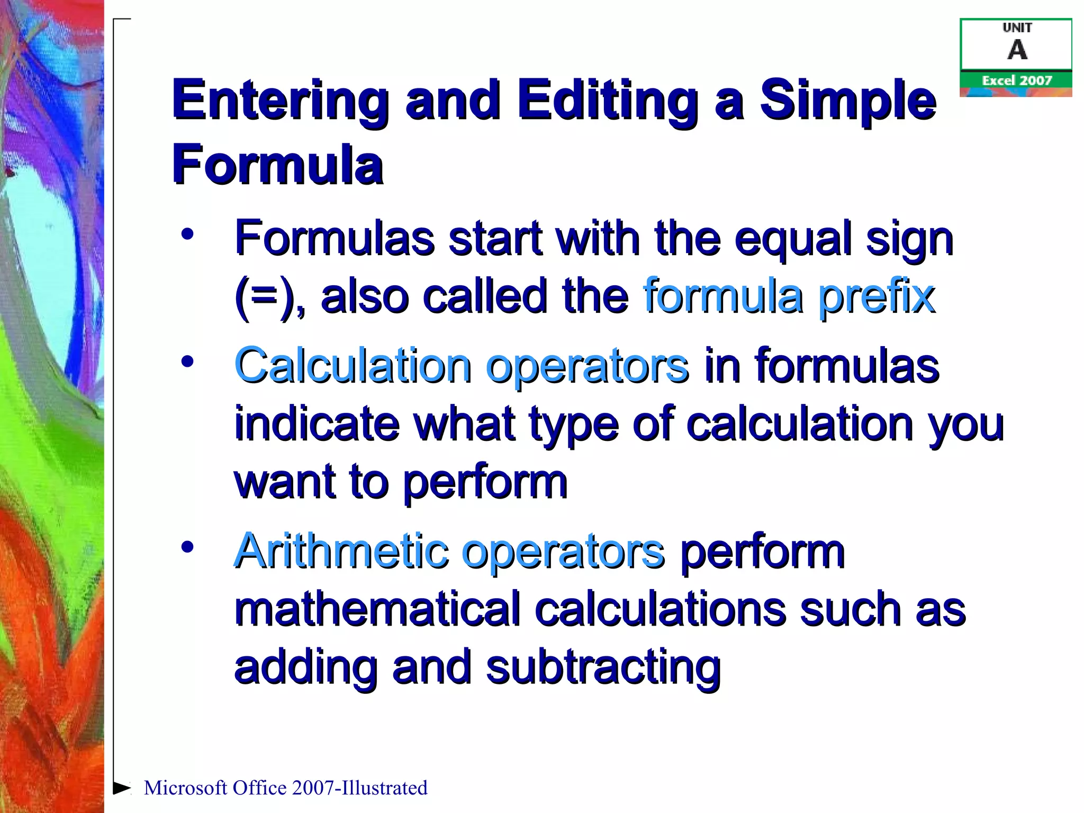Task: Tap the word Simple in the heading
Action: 848,101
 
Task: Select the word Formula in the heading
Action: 277,165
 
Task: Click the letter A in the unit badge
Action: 1017,50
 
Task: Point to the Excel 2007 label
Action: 1017,80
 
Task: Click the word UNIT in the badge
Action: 1017,28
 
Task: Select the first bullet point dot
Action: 187,234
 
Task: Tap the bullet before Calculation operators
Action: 187,362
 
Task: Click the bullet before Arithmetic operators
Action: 187,546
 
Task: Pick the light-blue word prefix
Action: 877,296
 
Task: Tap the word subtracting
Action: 603,668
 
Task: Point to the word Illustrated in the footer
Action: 384,788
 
